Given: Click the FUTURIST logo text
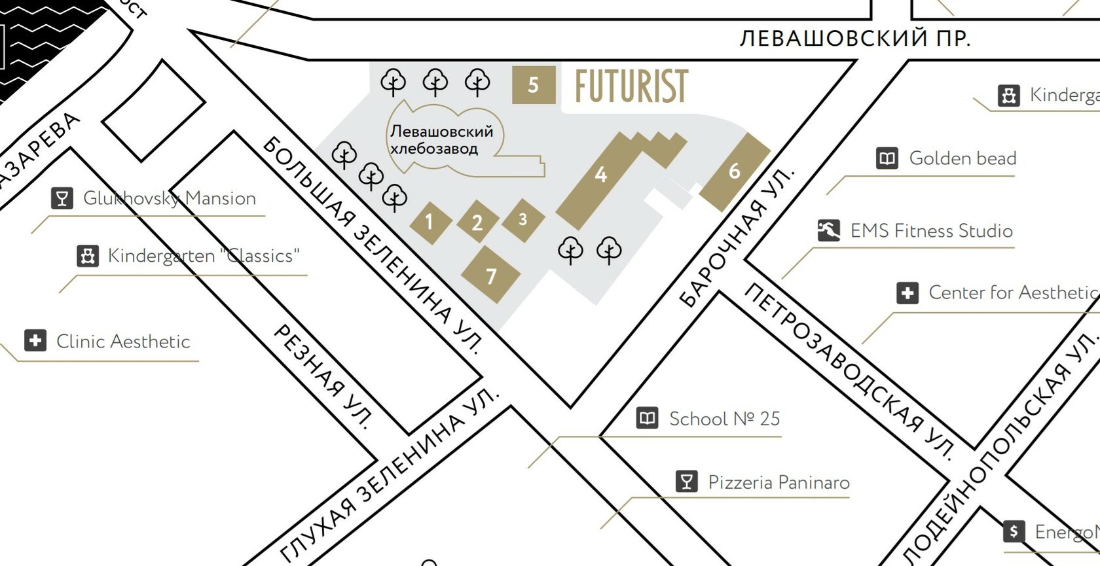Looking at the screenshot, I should (x=631, y=86).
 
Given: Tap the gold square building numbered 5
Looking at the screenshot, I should (x=534, y=85).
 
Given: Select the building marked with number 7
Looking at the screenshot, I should (x=491, y=275).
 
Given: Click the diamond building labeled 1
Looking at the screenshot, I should (x=430, y=222).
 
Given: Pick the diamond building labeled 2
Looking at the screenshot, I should (x=477, y=222).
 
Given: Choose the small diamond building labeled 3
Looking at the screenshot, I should (x=523, y=220).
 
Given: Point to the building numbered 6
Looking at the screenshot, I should (x=735, y=171).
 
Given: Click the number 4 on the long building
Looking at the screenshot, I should (x=600, y=175).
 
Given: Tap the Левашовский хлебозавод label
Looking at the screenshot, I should (x=441, y=140).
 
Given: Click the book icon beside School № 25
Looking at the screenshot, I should (x=647, y=417).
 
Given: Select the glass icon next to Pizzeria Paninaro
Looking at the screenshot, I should (x=686, y=482).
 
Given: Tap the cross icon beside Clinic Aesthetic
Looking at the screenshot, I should (x=35, y=340).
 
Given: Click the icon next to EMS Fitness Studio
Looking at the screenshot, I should (x=828, y=230).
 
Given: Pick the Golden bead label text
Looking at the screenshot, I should (x=962, y=158).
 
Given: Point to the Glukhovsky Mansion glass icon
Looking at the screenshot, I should (x=62, y=198).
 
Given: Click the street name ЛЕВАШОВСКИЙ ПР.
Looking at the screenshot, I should (x=854, y=39).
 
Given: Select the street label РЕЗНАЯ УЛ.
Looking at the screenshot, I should (x=323, y=376).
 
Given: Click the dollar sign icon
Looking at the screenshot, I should (x=1014, y=531).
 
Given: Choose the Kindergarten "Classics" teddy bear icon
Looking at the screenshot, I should (x=88, y=255).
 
